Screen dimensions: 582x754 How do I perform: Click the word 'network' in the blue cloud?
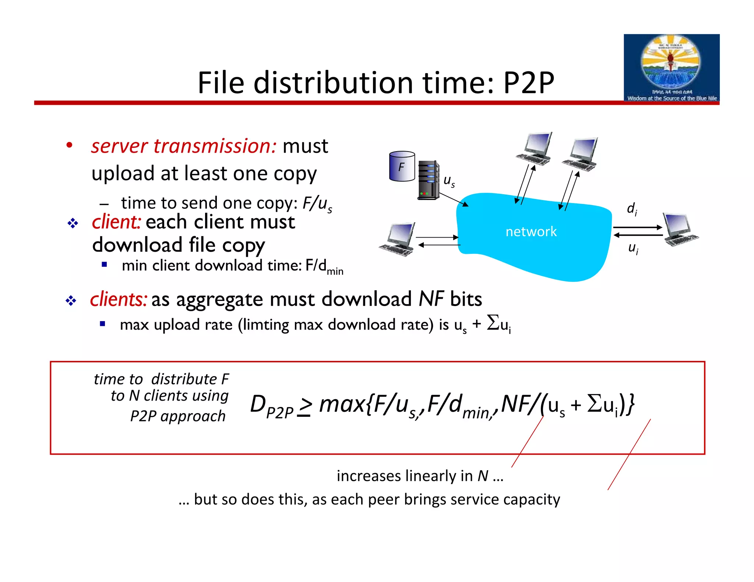tap(531, 232)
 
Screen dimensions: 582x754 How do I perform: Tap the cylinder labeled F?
tap(402, 166)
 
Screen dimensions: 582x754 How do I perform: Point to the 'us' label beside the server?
tap(449, 181)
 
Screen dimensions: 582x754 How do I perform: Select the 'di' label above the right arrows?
tap(632, 209)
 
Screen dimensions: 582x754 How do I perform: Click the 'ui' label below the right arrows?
tap(633, 248)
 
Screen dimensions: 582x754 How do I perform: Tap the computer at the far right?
tap(680, 229)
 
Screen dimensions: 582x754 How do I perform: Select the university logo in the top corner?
tap(671, 68)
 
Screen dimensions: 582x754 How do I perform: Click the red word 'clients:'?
tap(119, 299)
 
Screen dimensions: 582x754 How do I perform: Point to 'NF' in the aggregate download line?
tap(431, 299)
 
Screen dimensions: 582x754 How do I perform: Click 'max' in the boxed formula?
tap(342, 404)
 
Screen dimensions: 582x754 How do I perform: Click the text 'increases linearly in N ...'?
tap(420, 476)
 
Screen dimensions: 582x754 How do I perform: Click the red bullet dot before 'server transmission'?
tap(69, 145)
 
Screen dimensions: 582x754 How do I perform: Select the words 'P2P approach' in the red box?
tap(178, 416)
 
